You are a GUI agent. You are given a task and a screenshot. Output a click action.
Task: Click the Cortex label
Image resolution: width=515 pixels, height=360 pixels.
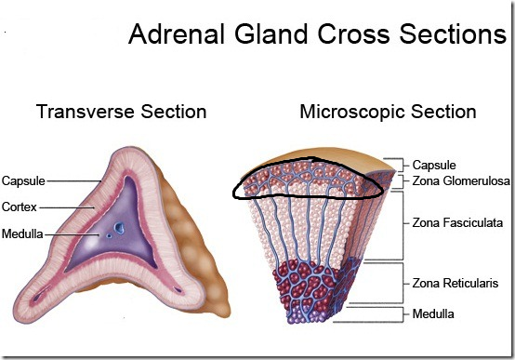click(x=20, y=207)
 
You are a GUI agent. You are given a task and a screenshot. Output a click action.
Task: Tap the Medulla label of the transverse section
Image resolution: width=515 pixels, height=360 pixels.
click(x=22, y=233)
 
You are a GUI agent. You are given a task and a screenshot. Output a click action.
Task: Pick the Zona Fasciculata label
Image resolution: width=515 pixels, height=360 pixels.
click(x=457, y=223)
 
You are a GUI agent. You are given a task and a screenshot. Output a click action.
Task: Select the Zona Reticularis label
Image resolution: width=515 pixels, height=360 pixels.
click(x=456, y=281)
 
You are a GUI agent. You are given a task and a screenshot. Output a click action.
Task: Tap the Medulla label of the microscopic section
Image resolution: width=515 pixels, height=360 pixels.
click(x=433, y=313)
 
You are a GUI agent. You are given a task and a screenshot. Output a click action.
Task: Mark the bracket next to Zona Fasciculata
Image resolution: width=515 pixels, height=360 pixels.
click(x=403, y=223)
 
